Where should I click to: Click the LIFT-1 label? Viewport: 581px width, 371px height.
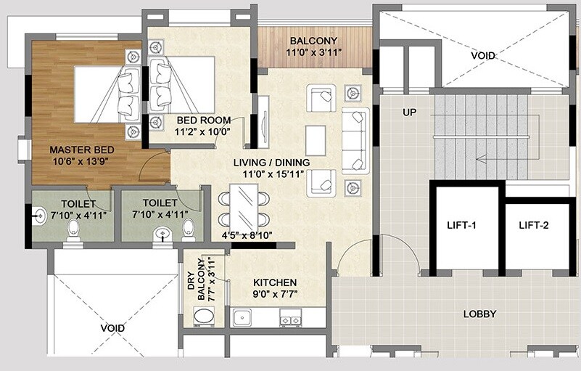pyautogui.click(x=463, y=225)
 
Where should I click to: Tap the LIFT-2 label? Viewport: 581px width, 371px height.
pyautogui.click(x=533, y=225)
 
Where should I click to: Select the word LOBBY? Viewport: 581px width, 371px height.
pyautogui.click(x=479, y=314)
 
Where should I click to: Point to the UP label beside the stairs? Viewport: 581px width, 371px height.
pyautogui.click(x=409, y=113)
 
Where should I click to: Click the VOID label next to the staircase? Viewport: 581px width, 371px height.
pyautogui.click(x=483, y=55)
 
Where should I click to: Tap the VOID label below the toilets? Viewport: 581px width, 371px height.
pyautogui.click(x=112, y=328)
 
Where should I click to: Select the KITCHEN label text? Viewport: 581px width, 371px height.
pyautogui.click(x=274, y=282)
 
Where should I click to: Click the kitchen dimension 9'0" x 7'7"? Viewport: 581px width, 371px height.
pyautogui.click(x=274, y=294)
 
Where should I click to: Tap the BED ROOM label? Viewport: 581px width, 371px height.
pyautogui.click(x=204, y=121)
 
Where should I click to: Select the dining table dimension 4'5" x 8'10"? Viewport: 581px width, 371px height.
pyautogui.click(x=246, y=235)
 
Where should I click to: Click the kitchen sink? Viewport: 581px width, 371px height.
pyautogui.click(x=241, y=317)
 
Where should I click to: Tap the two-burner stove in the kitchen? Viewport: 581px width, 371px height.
pyautogui.click(x=291, y=317)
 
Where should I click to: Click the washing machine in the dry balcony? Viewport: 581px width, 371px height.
pyautogui.click(x=204, y=317)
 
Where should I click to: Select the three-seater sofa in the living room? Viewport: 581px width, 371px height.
pyautogui.click(x=355, y=139)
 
